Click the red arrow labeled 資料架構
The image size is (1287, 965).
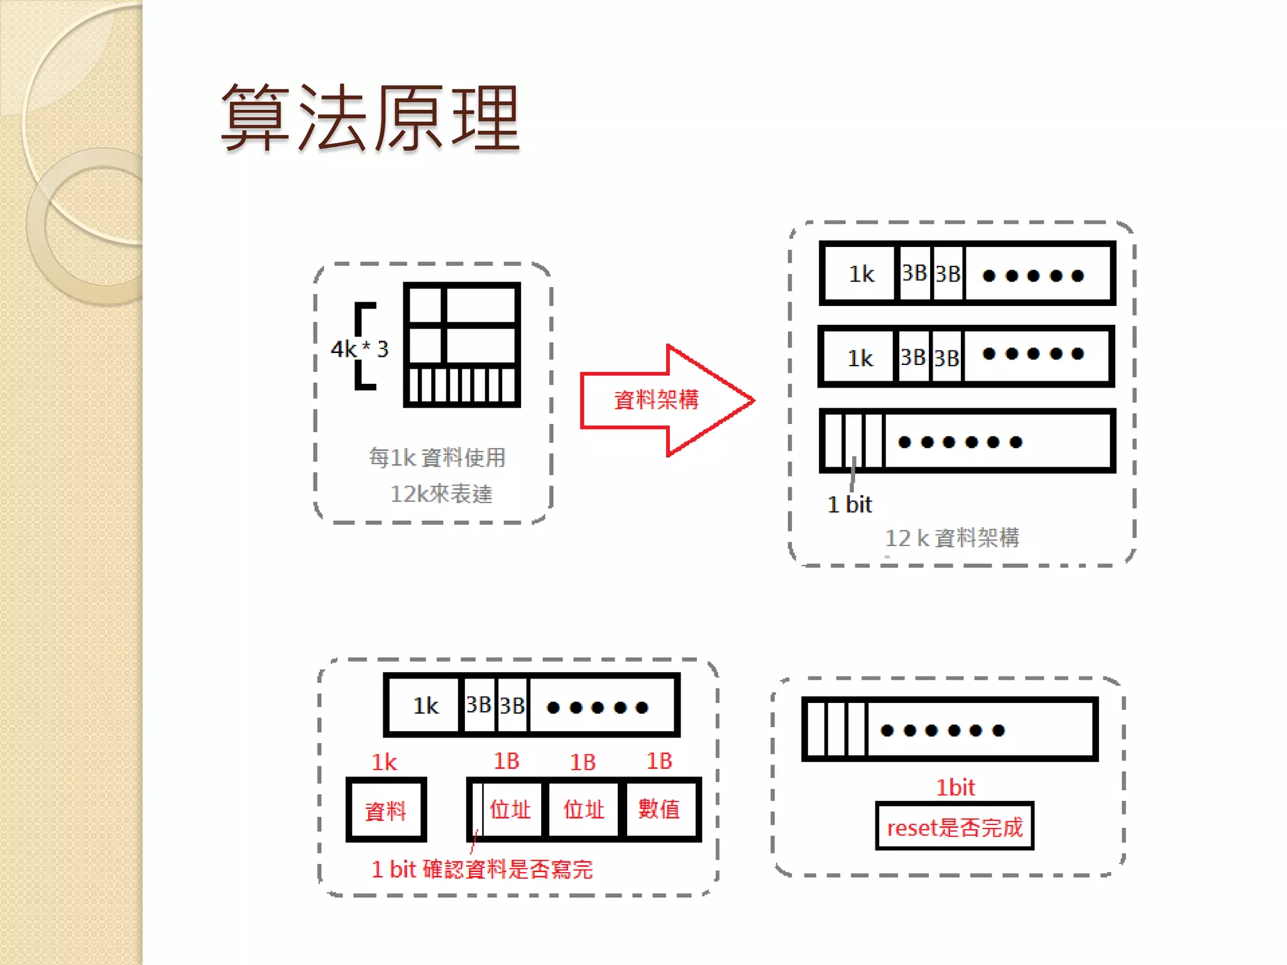pyautogui.click(x=657, y=400)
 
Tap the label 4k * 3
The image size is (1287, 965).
pyautogui.click(x=359, y=349)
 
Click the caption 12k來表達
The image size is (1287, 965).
pyautogui.click(x=441, y=494)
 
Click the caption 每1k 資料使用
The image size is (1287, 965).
pyautogui.click(x=437, y=457)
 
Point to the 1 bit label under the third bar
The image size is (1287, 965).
pyautogui.click(x=850, y=504)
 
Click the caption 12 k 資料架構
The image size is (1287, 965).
pyautogui.click(x=952, y=538)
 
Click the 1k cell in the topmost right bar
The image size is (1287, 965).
pyautogui.click(x=861, y=274)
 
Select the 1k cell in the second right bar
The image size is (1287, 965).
pyautogui.click(x=860, y=358)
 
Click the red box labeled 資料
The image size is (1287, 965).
pyautogui.click(x=386, y=810)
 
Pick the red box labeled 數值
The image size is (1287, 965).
pyautogui.click(x=659, y=809)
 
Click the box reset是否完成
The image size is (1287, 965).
pyautogui.click(x=955, y=827)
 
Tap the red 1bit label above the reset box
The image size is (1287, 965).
pyautogui.click(x=955, y=787)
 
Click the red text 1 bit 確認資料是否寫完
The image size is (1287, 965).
pyautogui.click(x=482, y=870)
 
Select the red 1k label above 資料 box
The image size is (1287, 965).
pyautogui.click(x=384, y=762)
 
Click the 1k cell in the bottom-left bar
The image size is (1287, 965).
pyautogui.click(x=425, y=706)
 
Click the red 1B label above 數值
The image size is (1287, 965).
pyautogui.click(x=659, y=761)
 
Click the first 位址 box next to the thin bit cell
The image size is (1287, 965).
pyautogui.click(x=510, y=809)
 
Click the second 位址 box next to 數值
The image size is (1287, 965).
pyautogui.click(x=584, y=809)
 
